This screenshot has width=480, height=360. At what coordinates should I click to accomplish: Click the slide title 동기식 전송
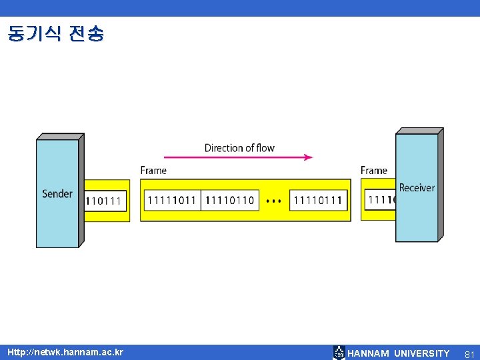(56, 34)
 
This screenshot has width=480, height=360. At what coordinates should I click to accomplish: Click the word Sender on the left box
(57, 194)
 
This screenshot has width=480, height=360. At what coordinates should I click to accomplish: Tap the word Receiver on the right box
(417, 187)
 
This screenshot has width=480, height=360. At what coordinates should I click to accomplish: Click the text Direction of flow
(239, 147)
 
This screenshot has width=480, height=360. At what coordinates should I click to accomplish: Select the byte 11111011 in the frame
(173, 200)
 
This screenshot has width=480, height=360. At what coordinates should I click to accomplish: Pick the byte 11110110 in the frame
(230, 200)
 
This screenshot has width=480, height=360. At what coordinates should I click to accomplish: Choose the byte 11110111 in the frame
(318, 200)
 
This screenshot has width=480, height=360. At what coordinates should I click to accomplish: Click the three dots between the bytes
(273, 200)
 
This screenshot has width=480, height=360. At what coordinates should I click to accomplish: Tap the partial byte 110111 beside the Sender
(104, 200)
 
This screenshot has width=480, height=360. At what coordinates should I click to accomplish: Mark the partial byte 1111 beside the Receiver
(381, 199)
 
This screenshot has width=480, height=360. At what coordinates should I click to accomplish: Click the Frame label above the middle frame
(153, 171)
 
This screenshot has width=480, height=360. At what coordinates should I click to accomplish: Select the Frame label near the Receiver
(374, 171)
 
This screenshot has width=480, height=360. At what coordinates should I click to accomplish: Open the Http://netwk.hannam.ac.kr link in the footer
(65, 351)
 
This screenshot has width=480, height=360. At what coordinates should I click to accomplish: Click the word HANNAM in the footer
(369, 353)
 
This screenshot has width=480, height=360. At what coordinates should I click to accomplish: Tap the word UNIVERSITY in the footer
(422, 353)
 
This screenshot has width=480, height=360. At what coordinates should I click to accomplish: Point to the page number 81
(469, 353)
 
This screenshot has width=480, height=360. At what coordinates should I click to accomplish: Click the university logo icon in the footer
(339, 353)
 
